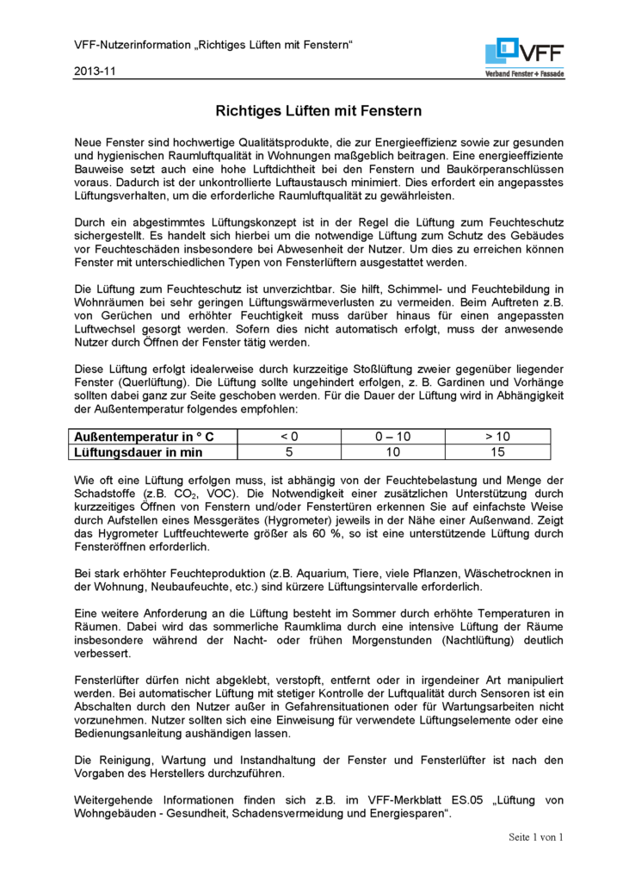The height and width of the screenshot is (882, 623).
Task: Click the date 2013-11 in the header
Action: (x=96, y=71)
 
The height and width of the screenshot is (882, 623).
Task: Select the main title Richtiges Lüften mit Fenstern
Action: (x=318, y=111)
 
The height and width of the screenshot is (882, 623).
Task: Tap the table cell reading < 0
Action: (x=288, y=437)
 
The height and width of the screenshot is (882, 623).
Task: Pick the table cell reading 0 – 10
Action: (x=393, y=437)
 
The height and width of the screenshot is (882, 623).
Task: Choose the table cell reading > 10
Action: (x=497, y=437)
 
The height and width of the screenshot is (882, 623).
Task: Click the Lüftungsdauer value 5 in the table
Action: (x=288, y=452)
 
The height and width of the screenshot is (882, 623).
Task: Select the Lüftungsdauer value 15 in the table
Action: (x=497, y=452)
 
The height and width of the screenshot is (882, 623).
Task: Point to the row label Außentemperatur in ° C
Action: (x=144, y=437)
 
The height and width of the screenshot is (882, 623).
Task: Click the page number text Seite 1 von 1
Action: (x=534, y=837)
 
